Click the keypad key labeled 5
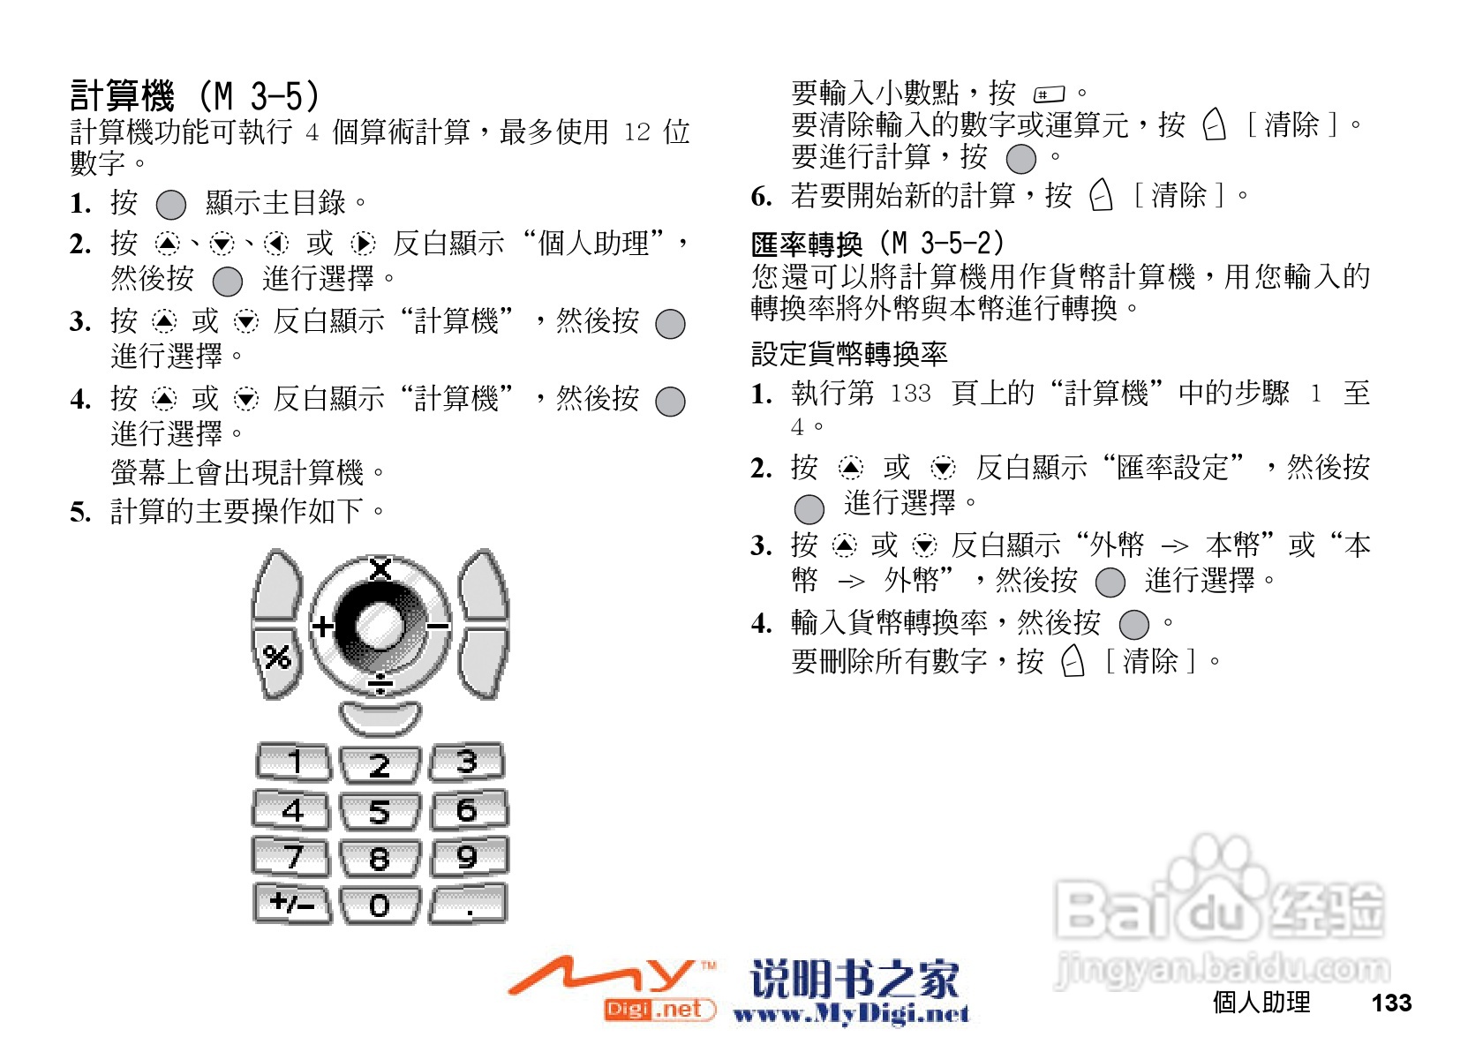pyautogui.click(x=380, y=811)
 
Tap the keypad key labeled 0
pyautogui.click(x=380, y=905)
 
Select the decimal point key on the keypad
pyautogui.click(x=469, y=905)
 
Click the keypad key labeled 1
pyautogui.click(x=294, y=763)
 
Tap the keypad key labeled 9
pyautogui.click(x=468, y=857)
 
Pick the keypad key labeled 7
pyautogui.click(x=292, y=857)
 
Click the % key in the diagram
pyautogui.click(x=277, y=657)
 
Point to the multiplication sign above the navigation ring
pyautogui.click(x=380, y=569)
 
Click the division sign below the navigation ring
pyautogui.click(x=380, y=683)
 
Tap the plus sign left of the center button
pyautogui.click(x=323, y=627)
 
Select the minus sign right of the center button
pyautogui.click(x=438, y=627)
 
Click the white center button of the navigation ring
pyautogui.click(x=380, y=626)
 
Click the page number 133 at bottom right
pyautogui.click(x=1391, y=1003)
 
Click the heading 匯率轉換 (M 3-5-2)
pyautogui.click(x=877, y=243)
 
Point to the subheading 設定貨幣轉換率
pyautogui.click(x=849, y=354)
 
